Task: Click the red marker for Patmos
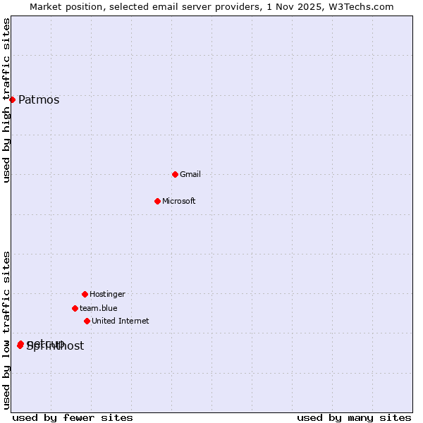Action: (x=12, y=99)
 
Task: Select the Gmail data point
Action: (x=175, y=174)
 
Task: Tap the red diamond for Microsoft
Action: (x=157, y=201)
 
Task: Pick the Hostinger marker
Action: (x=85, y=294)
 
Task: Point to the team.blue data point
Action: (x=75, y=308)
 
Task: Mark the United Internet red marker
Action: (x=87, y=321)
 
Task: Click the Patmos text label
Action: (x=39, y=100)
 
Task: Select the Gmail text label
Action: (x=190, y=175)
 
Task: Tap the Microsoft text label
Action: (x=179, y=202)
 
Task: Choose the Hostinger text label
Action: (x=107, y=295)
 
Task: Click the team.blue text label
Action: (x=99, y=309)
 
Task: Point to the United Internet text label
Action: (x=121, y=321)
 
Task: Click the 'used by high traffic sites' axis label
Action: (x=6, y=100)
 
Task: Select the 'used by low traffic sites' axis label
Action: (x=6, y=330)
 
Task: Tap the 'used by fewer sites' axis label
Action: (x=73, y=417)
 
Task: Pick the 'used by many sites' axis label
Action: (x=354, y=417)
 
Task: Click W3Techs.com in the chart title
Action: (x=360, y=6)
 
